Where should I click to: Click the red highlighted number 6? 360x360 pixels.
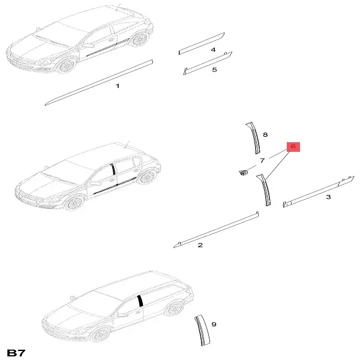(293, 146)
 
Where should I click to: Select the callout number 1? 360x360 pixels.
(118, 86)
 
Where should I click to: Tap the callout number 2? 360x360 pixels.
(200, 245)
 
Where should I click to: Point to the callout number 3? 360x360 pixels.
(329, 197)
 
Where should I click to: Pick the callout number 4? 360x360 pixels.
(213, 50)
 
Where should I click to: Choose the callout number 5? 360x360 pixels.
(214, 70)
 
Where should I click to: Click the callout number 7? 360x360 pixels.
(262, 160)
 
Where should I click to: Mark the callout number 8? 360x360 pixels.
(265, 134)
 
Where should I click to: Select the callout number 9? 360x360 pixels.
(214, 324)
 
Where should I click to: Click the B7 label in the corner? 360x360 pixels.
(16, 353)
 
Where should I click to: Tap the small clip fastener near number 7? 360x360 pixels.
(243, 172)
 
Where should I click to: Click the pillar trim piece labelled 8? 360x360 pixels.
(255, 138)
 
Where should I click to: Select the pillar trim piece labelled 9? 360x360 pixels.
(203, 331)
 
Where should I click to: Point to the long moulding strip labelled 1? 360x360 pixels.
(99, 83)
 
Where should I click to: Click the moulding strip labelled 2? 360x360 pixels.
(216, 230)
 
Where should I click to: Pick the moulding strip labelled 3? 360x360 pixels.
(319, 192)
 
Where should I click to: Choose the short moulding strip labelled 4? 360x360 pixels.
(202, 44)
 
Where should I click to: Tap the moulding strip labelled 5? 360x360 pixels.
(208, 64)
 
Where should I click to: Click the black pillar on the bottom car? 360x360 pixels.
(140, 301)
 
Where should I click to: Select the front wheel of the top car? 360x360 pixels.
(67, 65)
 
